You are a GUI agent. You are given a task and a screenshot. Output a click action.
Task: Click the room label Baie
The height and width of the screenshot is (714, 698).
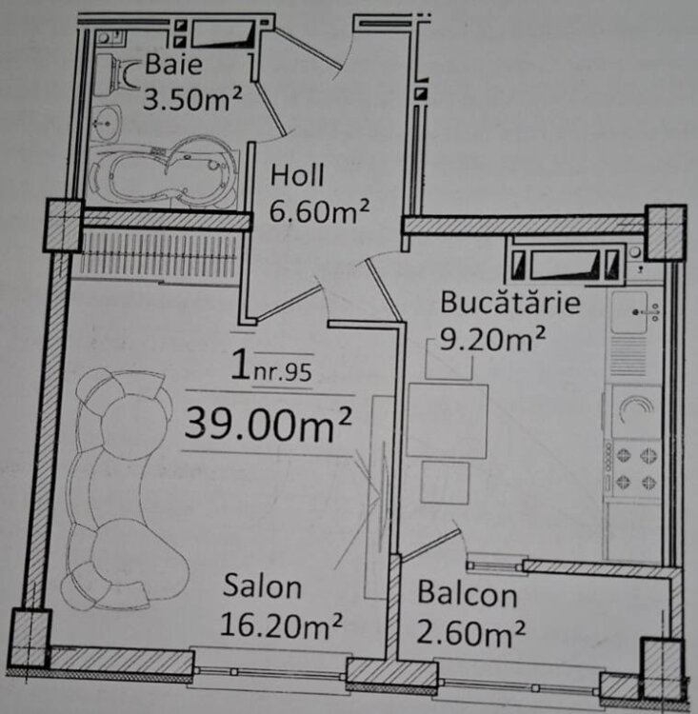173,64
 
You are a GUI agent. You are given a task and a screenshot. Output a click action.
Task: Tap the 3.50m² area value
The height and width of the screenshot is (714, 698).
192,98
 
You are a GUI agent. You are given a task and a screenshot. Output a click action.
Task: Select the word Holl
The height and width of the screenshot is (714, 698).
297,175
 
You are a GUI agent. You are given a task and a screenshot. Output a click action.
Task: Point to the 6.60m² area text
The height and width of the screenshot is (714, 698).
319,210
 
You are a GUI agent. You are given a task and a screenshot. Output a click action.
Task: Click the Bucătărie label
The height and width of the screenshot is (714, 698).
510,302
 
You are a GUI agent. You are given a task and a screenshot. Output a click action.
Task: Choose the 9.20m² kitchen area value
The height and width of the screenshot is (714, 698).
492,338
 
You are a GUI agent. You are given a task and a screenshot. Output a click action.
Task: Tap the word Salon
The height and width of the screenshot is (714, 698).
263,586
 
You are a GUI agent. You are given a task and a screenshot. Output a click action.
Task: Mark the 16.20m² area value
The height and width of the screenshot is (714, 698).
281,625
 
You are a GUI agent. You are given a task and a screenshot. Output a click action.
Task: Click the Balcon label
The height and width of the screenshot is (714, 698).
468,593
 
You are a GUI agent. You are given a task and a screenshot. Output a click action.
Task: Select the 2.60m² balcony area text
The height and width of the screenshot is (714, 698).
471,632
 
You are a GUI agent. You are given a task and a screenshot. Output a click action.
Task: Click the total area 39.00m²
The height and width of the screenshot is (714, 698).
268,424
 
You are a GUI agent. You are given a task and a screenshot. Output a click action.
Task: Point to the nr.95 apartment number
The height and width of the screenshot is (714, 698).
283,372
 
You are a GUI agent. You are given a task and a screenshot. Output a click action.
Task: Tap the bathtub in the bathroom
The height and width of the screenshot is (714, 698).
163,173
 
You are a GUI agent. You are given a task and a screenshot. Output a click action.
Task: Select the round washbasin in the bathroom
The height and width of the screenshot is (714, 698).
107,123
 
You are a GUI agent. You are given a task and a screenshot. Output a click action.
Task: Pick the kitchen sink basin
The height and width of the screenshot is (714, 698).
629,312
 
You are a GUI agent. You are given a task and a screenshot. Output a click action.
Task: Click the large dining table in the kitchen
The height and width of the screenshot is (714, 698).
448,421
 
